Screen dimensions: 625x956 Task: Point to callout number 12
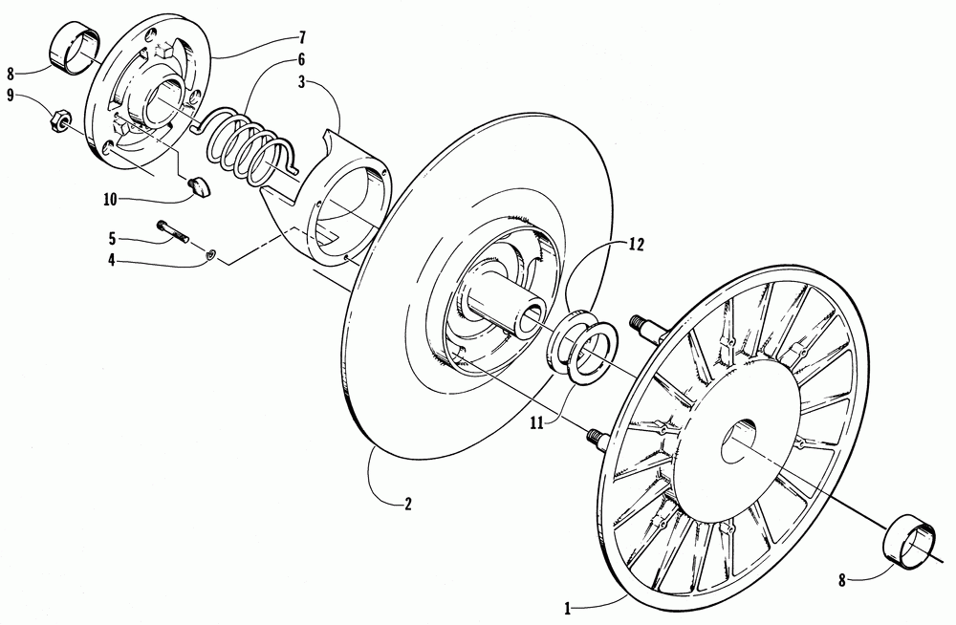click(x=637, y=244)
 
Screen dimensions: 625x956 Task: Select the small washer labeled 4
click(x=213, y=254)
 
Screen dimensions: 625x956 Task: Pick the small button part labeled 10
click(x=199, y=184)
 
